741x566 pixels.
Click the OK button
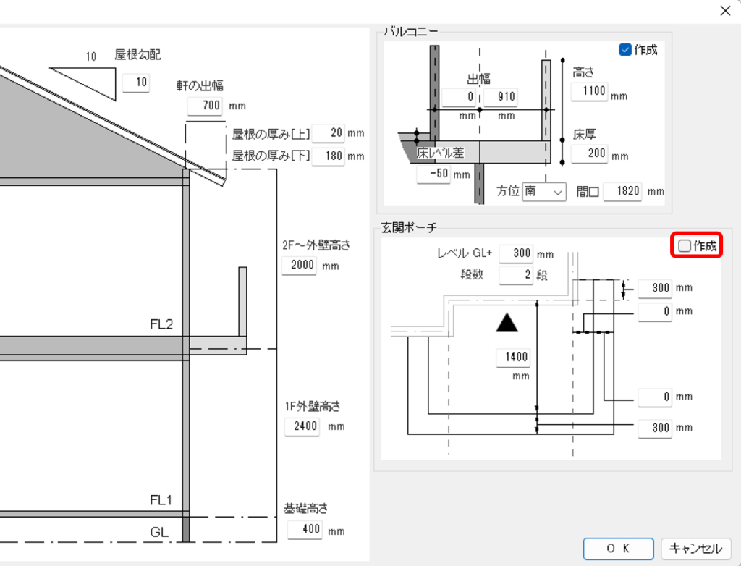click(618, 549)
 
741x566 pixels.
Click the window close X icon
click(725, 11)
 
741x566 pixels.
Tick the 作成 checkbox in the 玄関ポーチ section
click(685, 246)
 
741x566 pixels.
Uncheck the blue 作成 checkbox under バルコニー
click(624, 50)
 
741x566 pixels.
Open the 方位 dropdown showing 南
click(544, 192)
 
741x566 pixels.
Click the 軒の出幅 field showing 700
click(205, 106)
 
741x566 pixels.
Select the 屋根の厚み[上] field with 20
click(328, 133)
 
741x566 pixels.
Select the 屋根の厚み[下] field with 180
click(328, 156)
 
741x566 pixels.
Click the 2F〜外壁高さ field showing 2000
click(299, 265)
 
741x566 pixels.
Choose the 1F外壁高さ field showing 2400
click(302, 426)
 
